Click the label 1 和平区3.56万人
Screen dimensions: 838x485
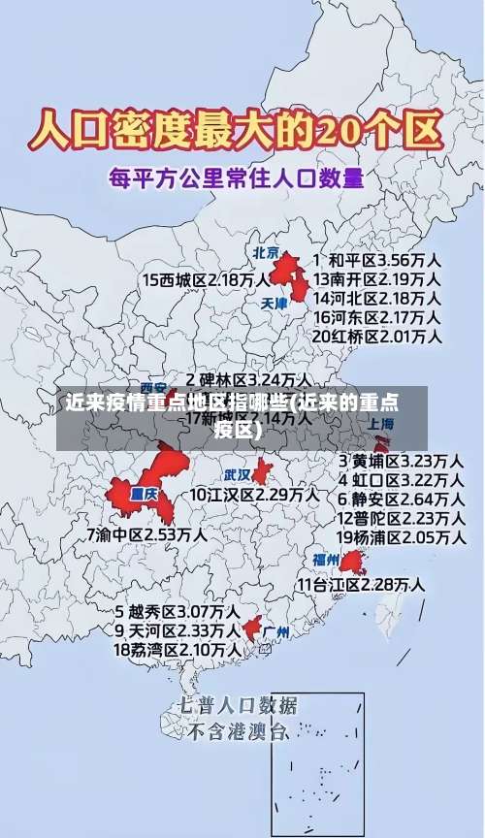coord(377,260)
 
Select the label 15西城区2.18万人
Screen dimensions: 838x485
coord(206,279)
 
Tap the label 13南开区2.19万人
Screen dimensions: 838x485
coord(377,278)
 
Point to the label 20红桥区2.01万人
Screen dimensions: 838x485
coord(377,337)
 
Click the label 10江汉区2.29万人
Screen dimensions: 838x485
coord(253,494)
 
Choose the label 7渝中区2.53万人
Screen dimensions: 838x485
coord(146,534)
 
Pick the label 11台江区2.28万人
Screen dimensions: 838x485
coord(361,584)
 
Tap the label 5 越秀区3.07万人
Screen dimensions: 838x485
coord(178,612)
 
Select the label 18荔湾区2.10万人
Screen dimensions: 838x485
coord(178,649)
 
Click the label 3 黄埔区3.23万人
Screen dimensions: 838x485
coord(400,460)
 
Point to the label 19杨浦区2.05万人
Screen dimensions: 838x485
coord(400,536)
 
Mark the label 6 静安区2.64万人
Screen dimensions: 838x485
coord(400,499)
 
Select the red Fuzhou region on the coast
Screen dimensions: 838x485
coord(350,562)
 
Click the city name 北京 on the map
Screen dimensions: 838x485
coord(266,252)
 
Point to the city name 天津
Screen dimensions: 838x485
coord(275,303)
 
